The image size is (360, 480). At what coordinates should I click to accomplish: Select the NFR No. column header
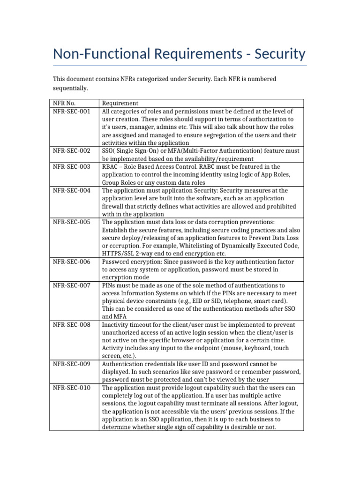[x=64, y=103]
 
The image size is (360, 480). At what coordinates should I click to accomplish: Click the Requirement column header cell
[x=120, y=103]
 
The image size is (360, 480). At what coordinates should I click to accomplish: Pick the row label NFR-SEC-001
[x=71, y=111]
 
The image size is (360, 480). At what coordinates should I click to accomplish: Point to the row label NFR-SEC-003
[x=71, y=166]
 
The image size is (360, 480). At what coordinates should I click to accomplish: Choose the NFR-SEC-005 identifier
[x=71, y=222]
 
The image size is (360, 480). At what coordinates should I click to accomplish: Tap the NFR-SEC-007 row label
[x=71, y=285]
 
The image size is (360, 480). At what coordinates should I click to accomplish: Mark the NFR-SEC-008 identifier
[x=71, y=324]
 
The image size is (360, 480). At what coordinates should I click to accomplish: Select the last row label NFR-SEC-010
[x=71, y=388]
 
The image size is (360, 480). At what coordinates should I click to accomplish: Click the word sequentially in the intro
[x=70, y=88]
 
